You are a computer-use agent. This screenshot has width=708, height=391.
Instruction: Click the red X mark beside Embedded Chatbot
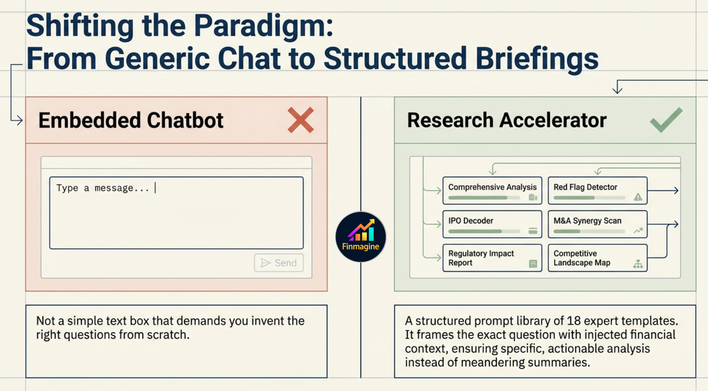pyautogui.click(x=301, y=120)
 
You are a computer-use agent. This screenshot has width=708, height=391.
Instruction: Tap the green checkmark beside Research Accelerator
pyautogui.click(x=666, y=120)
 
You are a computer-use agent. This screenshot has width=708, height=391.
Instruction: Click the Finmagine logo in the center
pyautogui.click(x=360, y=237)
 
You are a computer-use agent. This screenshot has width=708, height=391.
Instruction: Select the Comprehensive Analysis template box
pyautogui.click(x=492, y=191)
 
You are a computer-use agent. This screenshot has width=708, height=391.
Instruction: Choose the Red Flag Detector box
pyautogui.click(x=597, y=191)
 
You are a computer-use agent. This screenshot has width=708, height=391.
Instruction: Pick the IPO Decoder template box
pyautogui.click(x=492, y=224)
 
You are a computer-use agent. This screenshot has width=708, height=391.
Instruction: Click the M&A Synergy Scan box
pyautogui.click(x=597, y=224)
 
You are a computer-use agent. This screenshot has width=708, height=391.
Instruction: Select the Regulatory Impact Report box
pyautogui.click(x=492, y=258)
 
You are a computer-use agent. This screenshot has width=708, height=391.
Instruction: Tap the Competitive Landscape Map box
pyautogui.click(x=597, y=258)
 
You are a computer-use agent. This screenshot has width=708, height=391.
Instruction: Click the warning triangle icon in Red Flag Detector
pyautogui.click(x=638, y=197)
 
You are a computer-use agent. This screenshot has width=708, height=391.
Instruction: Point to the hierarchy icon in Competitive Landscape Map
pyautogui.click(x=638, y=264)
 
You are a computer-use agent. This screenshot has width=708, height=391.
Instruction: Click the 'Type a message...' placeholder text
pyautogui.click(x=103, y=188)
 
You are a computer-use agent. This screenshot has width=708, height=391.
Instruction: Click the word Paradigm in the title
pyautogui.click(x=263, y=26)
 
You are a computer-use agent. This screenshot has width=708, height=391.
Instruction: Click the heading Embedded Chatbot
pyautogui.click(x=131, y=120)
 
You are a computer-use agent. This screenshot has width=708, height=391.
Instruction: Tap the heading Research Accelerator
pyautogui.click(x=507, y=120)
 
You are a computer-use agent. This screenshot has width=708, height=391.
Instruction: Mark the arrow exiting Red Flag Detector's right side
pyautogui.click(x=663, y=191)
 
